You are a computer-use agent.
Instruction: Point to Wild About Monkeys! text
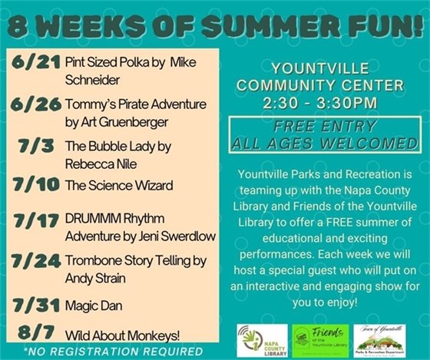click(x=115, y=335)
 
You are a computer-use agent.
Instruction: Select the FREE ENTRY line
click(x=332, y=127)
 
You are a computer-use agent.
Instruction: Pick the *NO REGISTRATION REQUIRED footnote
click(x=113, y=352)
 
